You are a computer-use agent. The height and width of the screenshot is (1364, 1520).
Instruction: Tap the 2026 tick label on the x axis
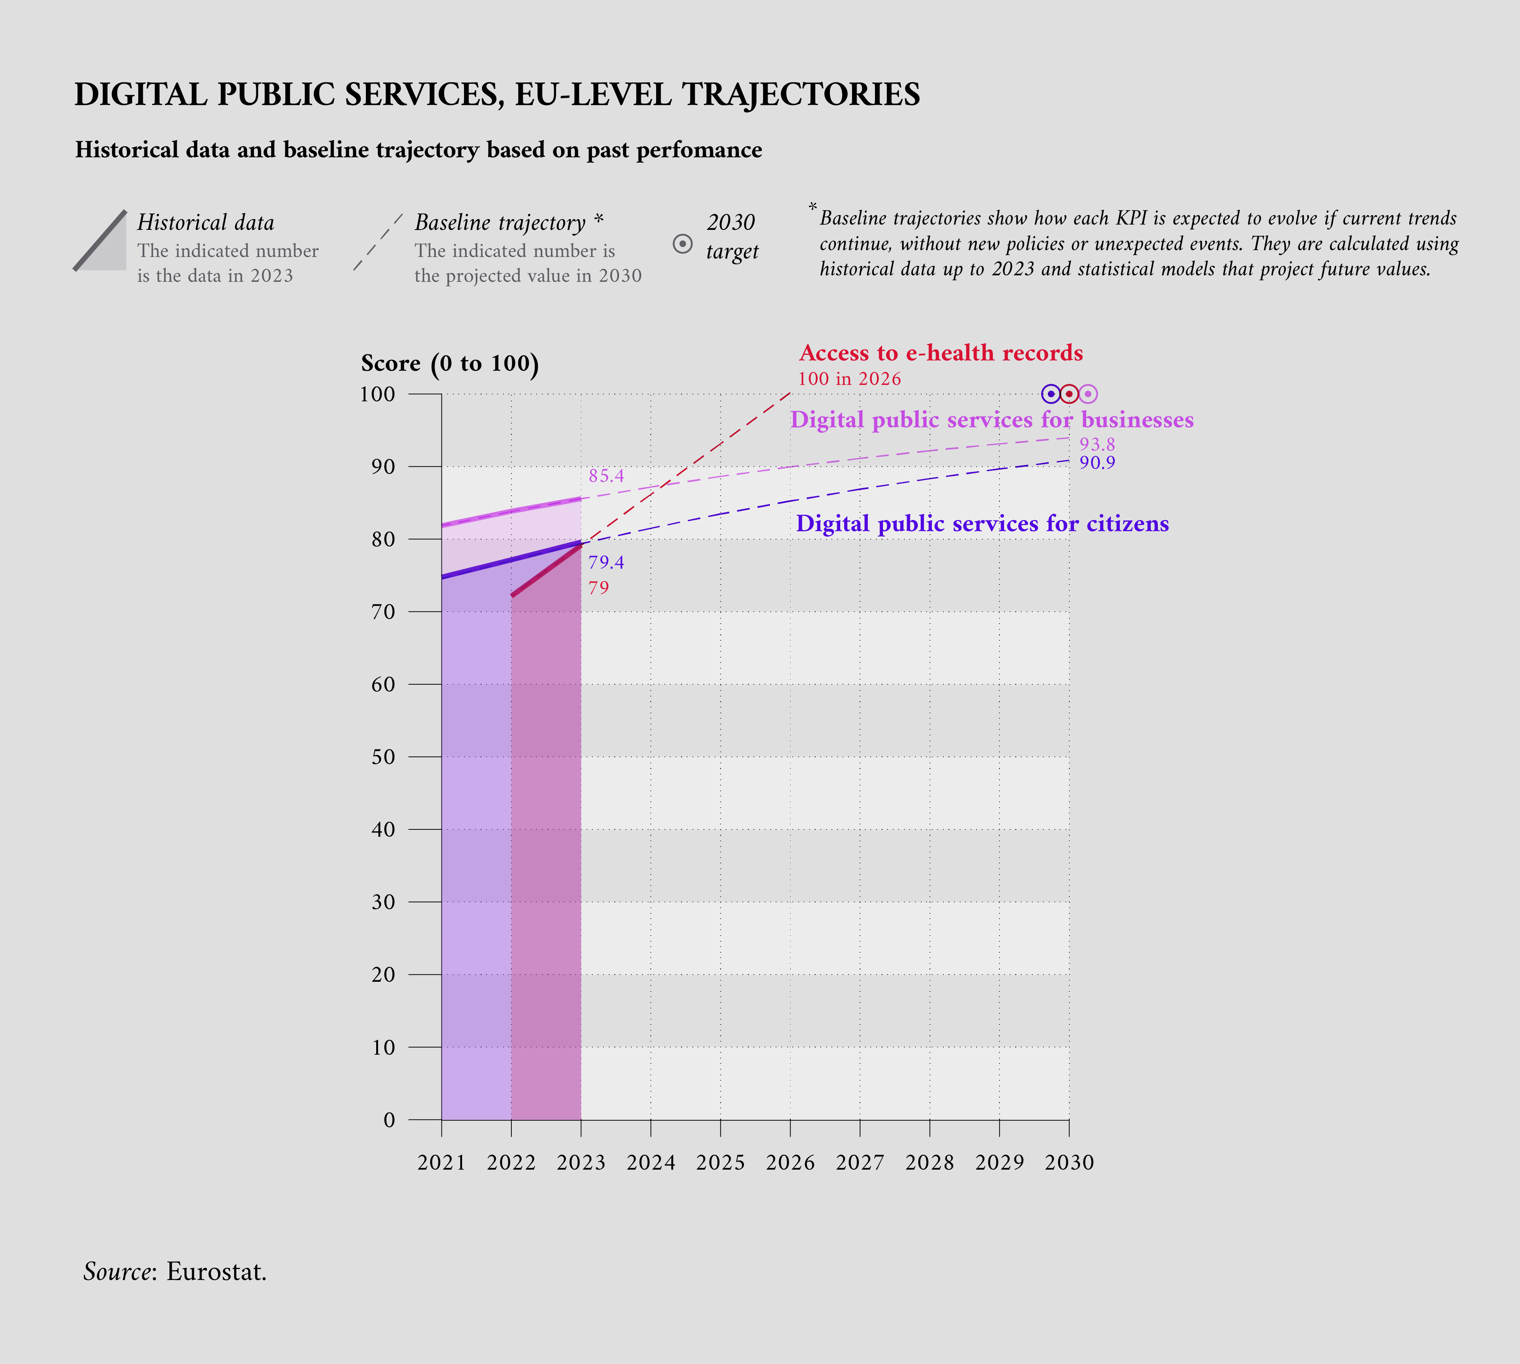(x=790, y=1162)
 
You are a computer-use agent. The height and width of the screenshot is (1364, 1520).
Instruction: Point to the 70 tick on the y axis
(x=383, y=612)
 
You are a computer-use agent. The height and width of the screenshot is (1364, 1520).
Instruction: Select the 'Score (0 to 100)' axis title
(x=450, y=364)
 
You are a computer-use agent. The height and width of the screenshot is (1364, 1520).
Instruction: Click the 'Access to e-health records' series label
(x=941, y=353)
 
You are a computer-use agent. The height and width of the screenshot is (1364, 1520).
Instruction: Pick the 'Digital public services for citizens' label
(x=982, y=523)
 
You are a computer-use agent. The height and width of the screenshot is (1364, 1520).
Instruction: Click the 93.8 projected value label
(x=1096, y=444)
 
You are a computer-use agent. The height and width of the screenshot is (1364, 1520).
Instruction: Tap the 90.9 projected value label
(x=1096, y=462)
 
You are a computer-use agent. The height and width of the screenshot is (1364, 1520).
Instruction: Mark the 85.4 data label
(x=606, y=476)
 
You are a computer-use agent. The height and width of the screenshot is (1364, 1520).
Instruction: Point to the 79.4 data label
(x=606, y=562)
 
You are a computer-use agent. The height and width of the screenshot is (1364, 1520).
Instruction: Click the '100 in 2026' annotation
(x=849, y=378)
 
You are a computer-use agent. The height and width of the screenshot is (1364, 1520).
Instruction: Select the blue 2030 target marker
(x=1051, y=393)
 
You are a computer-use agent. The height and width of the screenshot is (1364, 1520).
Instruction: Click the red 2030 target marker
(x=1070, y=393)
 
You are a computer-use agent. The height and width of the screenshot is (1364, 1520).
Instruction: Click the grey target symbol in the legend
(x=682, y=244)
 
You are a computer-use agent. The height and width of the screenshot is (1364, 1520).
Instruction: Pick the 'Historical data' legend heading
(x=205, y=223)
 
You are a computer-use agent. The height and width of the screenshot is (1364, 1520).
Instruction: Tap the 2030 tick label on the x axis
(x=1069, y=1162)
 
